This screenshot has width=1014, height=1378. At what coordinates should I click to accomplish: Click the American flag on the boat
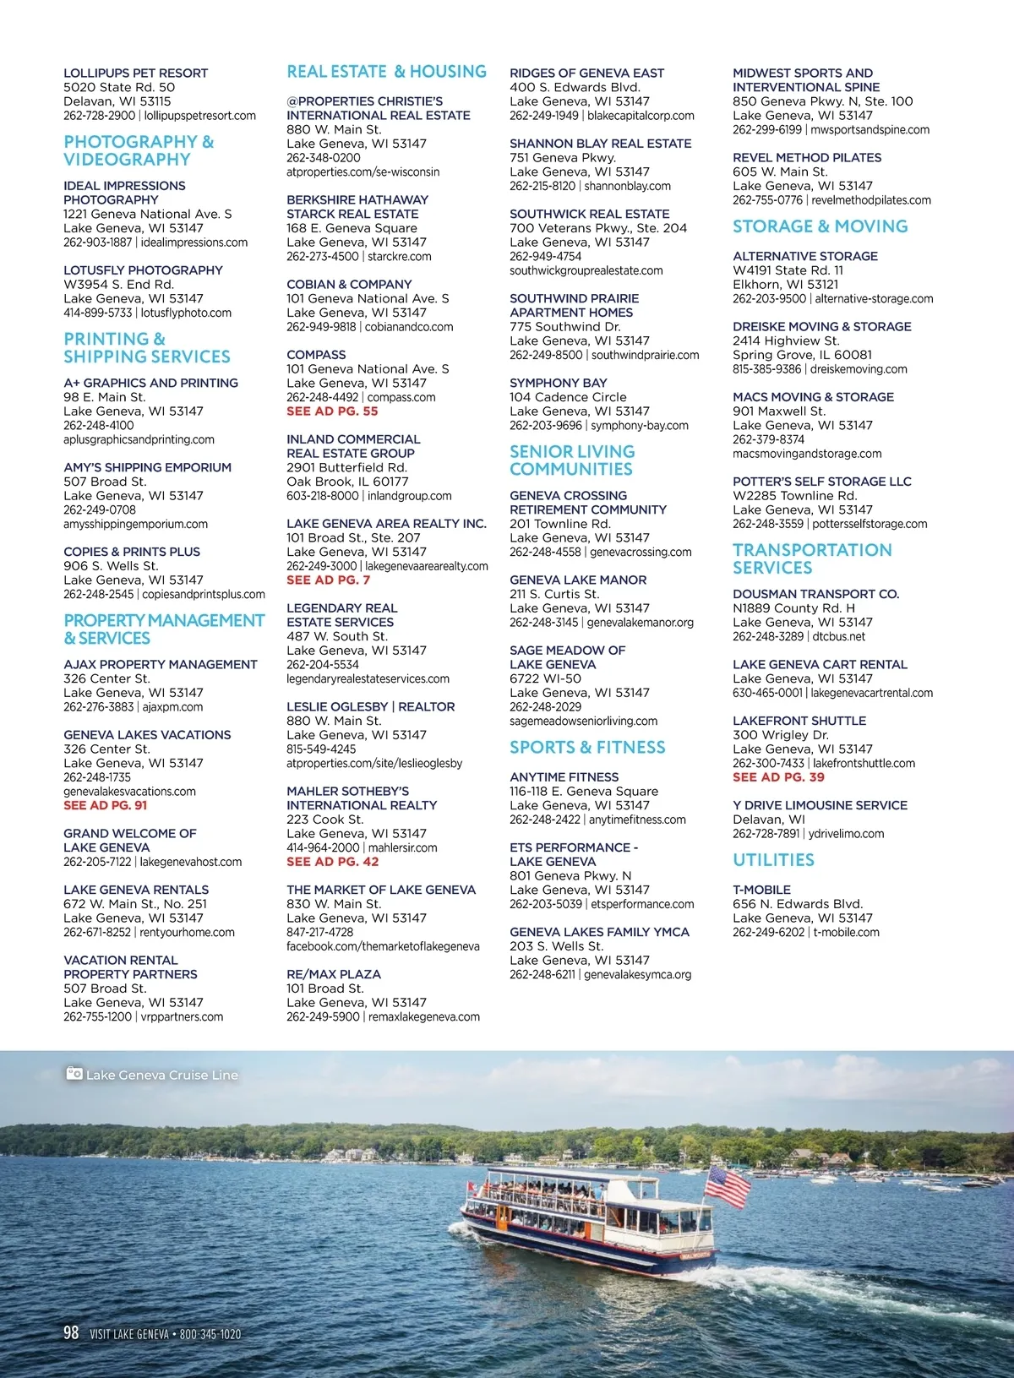[x=728, y=1185]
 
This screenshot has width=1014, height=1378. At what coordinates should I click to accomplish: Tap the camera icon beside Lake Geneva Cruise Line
[x=74, y=1074]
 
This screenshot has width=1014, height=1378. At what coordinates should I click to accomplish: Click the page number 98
[x=71, y=1332]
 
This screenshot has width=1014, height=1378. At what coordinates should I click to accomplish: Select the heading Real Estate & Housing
[x=386, y=72]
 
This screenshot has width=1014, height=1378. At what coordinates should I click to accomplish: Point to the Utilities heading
[x=773, y=860]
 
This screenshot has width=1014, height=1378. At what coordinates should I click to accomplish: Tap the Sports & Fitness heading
[x=587, y=748]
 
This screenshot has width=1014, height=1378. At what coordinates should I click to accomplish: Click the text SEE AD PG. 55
[x=332, y=411]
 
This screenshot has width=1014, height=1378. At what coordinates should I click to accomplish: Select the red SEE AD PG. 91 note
[x=105, y=805]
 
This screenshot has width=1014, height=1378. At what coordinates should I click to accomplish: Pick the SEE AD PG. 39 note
[x=778, y=777]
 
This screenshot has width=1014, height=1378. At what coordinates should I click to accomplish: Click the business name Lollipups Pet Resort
[x=135, y=74]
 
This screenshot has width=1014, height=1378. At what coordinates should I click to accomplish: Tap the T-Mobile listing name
[x=761, y=890]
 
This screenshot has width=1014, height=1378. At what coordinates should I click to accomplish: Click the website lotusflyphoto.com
[x=186, y=313]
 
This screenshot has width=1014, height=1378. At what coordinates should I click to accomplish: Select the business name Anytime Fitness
[x=564, y=777]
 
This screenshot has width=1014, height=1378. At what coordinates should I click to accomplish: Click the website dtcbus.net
[x=839, y=636]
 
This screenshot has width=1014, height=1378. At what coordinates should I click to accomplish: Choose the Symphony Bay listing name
[x=558, y=383]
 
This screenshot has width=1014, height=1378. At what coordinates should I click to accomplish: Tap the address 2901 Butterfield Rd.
[x=346, y=467]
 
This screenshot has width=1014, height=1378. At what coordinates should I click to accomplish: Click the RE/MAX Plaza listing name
[x=333, y=974]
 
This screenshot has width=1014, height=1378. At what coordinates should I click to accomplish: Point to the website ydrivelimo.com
[x=846, y=834]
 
